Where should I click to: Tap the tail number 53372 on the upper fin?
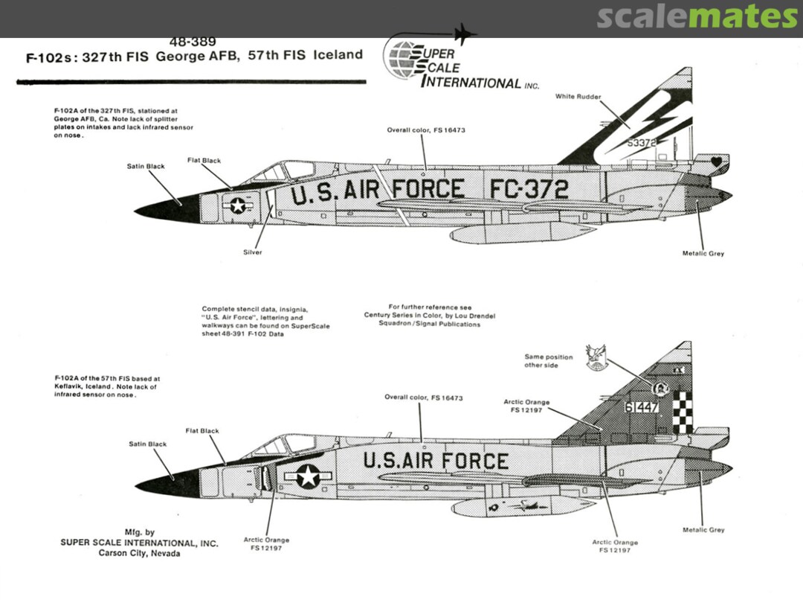[642, 143]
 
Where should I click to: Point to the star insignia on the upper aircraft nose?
[238, 205]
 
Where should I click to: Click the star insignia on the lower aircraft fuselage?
[308, 475]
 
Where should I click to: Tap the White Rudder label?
[578, 98]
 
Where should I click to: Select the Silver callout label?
[253, 252]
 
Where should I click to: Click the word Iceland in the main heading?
[338, 55]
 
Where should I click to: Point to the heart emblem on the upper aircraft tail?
[716, 162]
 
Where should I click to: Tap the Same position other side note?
[549, 361]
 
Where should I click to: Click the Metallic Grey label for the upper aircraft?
[703, 254]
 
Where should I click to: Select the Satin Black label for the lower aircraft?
[147, 444]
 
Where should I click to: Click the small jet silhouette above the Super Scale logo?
[464, 33]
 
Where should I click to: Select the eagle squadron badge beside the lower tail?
[596, 357]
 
